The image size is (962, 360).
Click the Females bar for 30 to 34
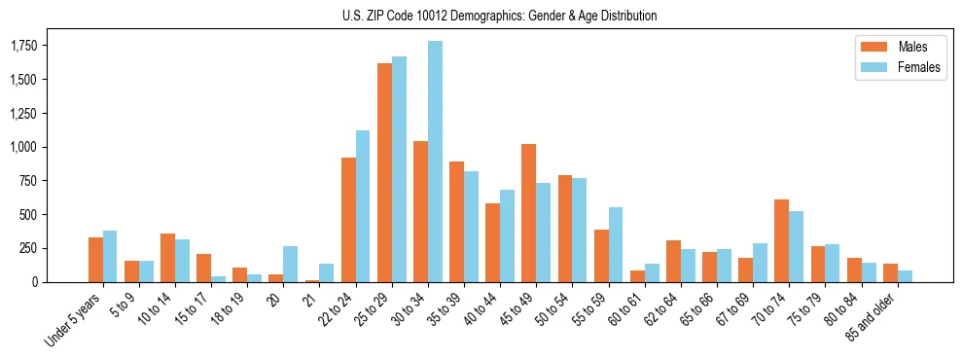pyautogui.click(x=435, y=162)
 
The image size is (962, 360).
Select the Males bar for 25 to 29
pyautogui.click(x=384, y=172)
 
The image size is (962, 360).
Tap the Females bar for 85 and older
pyautogui.click(x=905, y=276)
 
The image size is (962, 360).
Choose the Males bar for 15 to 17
pyautogui.click(x=203, y=268)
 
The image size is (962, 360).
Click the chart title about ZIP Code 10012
pyautogui.click(x=499, y=16)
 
